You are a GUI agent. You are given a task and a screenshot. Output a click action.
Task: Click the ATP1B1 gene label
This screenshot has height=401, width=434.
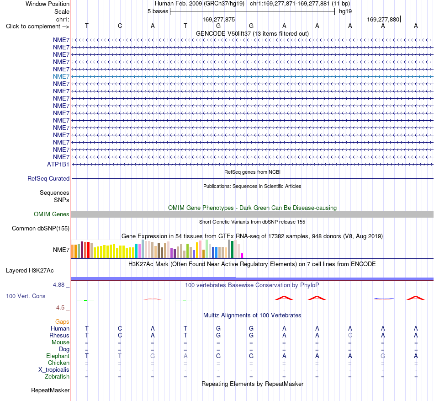point(58,164)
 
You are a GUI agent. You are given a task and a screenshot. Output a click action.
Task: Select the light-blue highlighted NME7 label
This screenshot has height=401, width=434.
point(61,76)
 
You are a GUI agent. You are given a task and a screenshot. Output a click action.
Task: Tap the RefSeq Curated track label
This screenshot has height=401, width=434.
point(48,179)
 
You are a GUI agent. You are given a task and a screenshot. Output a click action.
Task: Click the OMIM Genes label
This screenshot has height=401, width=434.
point(52,214)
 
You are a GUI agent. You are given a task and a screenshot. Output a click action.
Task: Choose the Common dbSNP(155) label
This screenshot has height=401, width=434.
point(41,229)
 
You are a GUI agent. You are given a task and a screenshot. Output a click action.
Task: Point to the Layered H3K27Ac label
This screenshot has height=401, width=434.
point(30,271)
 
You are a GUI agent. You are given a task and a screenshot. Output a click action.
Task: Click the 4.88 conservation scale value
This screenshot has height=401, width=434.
point(58,285)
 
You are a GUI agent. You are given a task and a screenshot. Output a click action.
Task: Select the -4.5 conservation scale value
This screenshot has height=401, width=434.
point(59,308)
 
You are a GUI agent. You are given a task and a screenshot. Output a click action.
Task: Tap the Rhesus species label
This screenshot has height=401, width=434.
point(59,335)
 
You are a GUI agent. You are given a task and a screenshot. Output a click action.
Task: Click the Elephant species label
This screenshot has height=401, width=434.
point(58,356)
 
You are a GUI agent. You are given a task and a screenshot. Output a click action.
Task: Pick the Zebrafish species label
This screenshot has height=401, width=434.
point(57,377)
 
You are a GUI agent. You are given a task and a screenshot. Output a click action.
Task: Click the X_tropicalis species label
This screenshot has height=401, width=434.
point(54,370)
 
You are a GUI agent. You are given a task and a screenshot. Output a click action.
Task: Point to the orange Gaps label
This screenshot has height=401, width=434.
point(62,322)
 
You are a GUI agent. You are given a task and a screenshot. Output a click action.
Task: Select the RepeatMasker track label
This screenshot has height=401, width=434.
point(50,390)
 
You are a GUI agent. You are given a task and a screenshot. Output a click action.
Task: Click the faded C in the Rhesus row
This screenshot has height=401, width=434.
point(350,335)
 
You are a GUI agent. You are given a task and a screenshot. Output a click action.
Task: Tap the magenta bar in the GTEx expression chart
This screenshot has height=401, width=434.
point(242,256)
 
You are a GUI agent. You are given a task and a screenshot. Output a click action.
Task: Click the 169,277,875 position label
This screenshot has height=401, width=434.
point(219,19)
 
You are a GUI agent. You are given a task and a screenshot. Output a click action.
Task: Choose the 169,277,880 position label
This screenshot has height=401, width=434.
point(383,19)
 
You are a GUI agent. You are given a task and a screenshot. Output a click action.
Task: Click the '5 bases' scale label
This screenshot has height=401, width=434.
point(158,11)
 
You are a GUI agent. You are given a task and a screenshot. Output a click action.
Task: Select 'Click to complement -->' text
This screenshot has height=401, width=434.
point(37,27)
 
